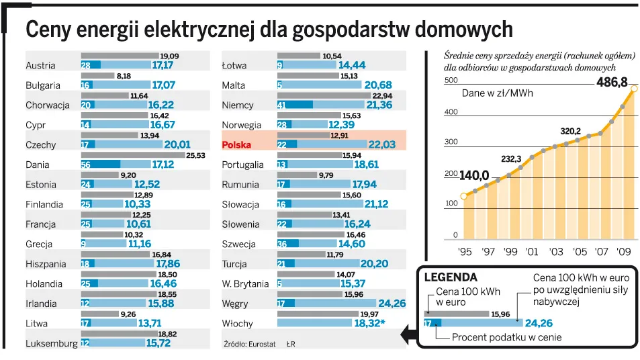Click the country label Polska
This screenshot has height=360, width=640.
[x=238, y=145]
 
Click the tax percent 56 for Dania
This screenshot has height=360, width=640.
[x=86, y=164]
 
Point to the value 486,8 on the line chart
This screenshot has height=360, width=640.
[x=612, y=83]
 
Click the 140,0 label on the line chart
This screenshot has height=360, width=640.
[x=473, y=176]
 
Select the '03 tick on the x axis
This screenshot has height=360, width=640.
[x=555, y=252]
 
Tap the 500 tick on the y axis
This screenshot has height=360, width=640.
[x=451, y=81]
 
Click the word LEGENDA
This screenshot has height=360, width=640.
[x=451, y=277]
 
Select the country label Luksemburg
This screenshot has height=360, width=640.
[x=52, y=344]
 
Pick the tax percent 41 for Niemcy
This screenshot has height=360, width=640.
[x=282, y=105]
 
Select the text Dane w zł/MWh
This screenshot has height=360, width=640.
[x=498, y=93]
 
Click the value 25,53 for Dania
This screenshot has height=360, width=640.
[x=195, y=154]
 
